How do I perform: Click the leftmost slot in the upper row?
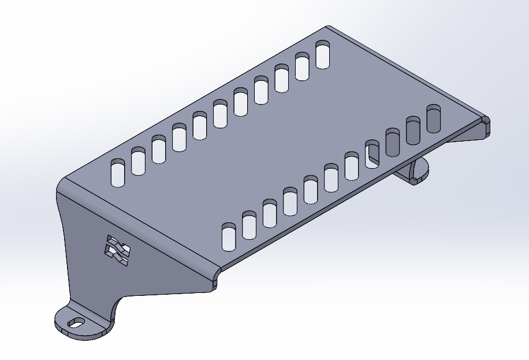pos(118,172)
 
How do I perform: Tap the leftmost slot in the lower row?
pos(229,237)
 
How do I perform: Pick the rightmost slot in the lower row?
pos(434,118)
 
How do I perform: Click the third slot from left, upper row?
pos(159,149)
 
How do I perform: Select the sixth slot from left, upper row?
pos(220,113)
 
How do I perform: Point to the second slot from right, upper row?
pos(303,66)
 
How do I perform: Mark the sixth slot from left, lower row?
pos(331,177)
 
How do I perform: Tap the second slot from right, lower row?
pos(413,130)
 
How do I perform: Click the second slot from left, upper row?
pos(138,161)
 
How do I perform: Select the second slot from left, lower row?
pos(249,225)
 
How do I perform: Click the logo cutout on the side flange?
pos(117,250)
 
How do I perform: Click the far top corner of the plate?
pos(328,27)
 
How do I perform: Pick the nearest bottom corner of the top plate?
pos(217,272)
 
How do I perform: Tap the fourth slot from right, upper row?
pos(261,90)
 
